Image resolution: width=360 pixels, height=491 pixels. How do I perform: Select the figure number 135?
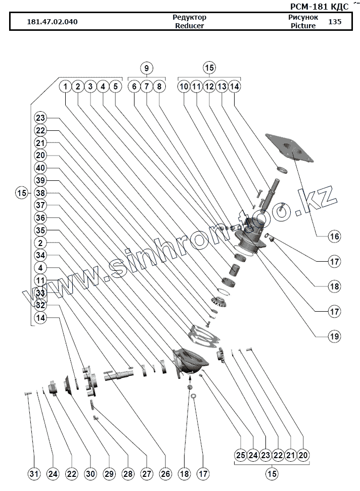(334, 22)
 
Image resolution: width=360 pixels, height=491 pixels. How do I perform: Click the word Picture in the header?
(303, 26)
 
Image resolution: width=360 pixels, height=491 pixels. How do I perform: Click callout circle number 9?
(146, 68)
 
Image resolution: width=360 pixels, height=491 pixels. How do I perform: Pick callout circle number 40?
(40, 168)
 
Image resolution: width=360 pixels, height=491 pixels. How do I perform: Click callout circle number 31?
(33, 474)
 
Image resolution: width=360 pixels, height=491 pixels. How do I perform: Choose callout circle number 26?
(165, 474)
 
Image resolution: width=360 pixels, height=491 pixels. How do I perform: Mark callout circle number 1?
(65, 86)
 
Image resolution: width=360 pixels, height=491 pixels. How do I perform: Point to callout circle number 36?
(40, 218)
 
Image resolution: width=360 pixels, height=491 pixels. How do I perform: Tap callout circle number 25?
(241, 455)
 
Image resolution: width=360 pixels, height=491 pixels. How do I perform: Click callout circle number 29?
(109, 474)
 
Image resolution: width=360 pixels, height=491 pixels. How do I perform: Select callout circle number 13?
(221, 86)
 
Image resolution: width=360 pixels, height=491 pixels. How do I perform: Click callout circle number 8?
(158, 86)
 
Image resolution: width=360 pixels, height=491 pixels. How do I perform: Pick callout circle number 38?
(40, 193)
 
